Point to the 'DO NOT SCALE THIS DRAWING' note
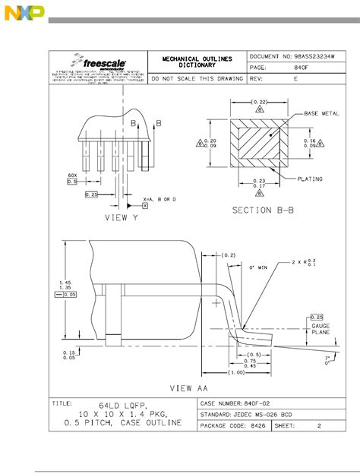tap(197, 78)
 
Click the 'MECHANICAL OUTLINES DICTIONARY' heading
tap(197, 62)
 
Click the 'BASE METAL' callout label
tap(321, 113)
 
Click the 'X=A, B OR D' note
tap(159, 199)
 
